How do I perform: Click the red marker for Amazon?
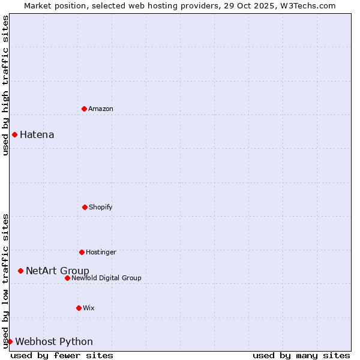84,109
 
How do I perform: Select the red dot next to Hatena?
14,134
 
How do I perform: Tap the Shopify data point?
85,207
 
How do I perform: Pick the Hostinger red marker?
82,252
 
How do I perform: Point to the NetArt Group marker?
20,271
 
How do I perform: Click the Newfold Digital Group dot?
67,278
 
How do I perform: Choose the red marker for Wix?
79,308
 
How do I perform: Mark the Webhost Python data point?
10,341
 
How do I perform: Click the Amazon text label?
101,109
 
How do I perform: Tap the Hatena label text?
37,134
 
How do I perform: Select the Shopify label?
101,207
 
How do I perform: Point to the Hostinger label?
101,252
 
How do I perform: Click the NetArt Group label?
58,271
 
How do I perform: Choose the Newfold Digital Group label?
106,278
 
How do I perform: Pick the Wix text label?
89,308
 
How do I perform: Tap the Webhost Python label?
54,341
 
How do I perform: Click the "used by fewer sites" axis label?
62,355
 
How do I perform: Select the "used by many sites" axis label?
301,355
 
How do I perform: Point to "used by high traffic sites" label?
5,85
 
